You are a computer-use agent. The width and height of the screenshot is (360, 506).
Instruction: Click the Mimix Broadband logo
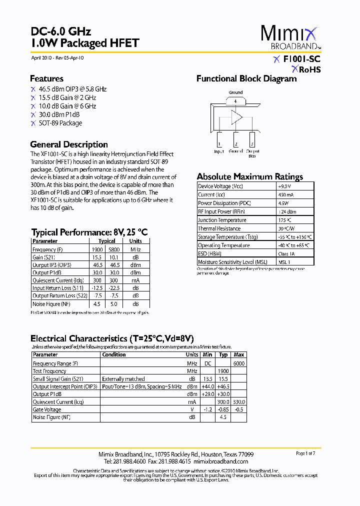289,37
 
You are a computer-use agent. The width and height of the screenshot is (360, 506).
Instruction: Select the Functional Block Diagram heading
246,78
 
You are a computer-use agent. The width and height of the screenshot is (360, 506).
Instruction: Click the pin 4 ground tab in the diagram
235,101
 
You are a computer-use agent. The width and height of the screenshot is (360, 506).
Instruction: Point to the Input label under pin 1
219,151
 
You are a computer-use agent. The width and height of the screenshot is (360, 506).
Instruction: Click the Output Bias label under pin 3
252,153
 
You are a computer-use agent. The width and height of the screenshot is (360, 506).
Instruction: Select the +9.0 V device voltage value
284,186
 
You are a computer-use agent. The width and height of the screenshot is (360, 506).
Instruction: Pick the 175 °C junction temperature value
284,220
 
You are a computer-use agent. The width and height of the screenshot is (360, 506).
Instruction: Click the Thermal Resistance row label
219,228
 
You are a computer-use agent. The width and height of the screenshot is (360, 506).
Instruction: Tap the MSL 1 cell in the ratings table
284,262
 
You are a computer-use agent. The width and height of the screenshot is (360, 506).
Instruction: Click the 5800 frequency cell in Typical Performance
113,249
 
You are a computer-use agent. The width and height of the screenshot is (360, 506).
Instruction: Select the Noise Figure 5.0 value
113,304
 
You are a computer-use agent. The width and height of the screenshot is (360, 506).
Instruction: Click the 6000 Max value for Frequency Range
238,363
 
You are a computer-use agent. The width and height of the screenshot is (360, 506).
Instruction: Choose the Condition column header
114,354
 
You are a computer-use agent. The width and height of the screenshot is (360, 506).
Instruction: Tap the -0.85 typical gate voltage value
223,409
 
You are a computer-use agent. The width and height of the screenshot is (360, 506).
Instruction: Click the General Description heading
69,144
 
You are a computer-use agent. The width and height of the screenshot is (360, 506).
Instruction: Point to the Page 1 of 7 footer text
305,453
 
